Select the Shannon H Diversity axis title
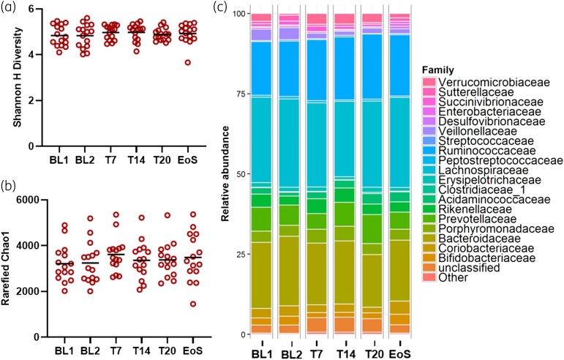(15, 75)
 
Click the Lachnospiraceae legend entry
(477, 170)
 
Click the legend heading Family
(438, 68)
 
